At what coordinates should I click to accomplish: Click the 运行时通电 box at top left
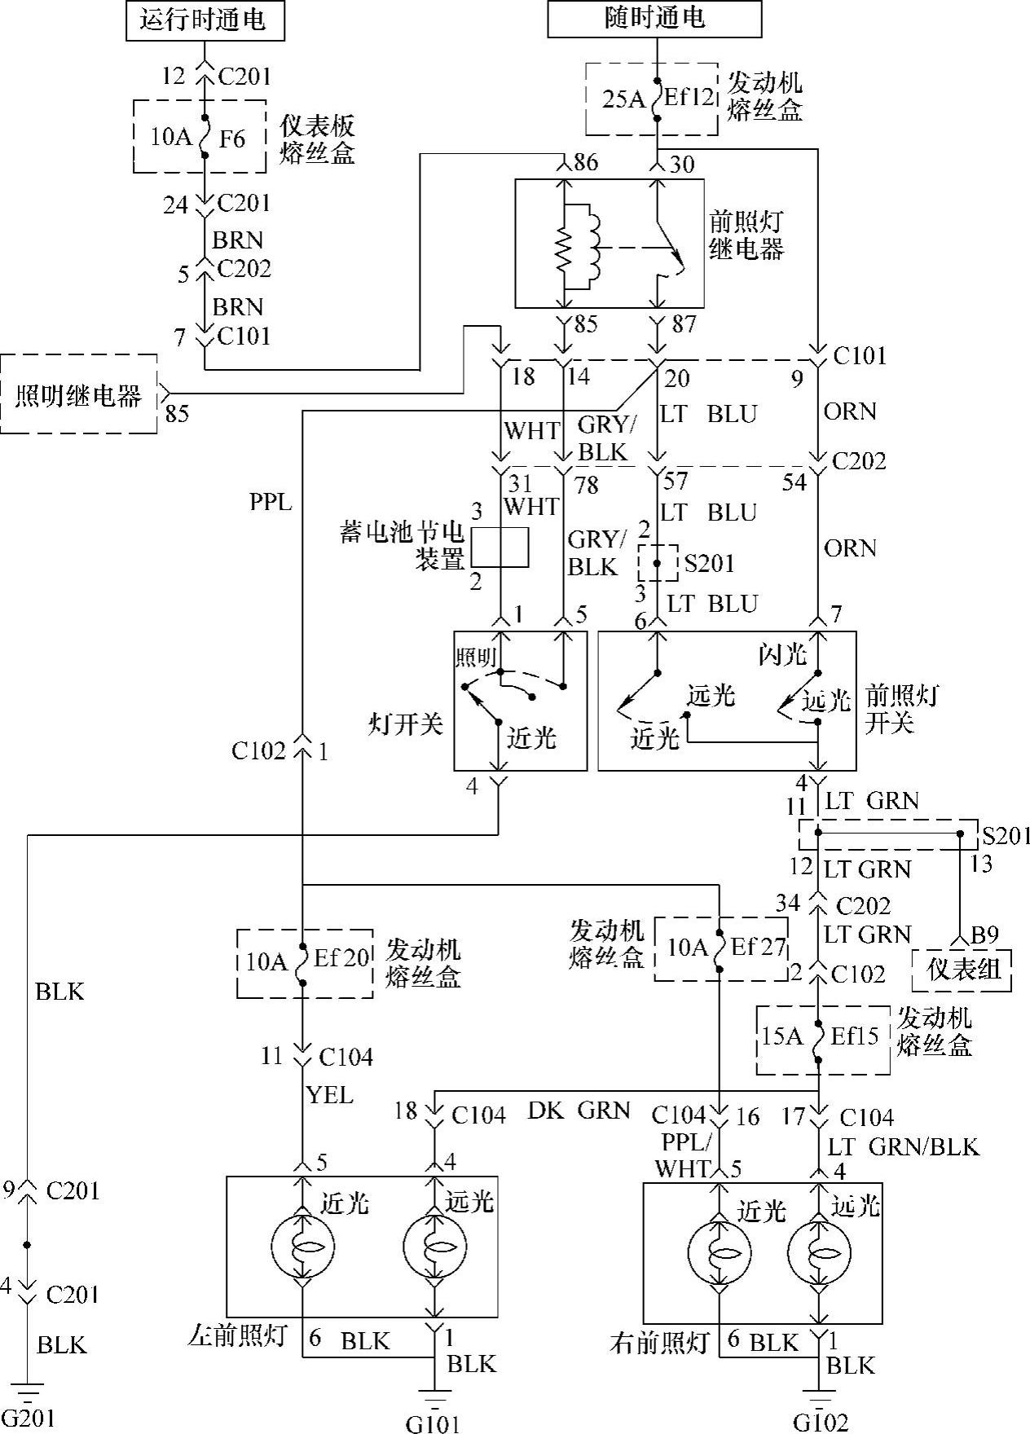(x=205, y=20)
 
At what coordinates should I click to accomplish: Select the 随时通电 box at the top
(x=654, y=19)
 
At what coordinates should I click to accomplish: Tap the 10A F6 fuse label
(x=200, y=137)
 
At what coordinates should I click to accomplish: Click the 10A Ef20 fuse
(x=303, y=962)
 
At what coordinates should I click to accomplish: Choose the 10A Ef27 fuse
(x=720, y=948)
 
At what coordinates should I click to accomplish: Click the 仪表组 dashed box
(x=962, y=970)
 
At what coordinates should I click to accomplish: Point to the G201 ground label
(x=28, y=1419)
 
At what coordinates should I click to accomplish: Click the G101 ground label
(x=433, y=1423)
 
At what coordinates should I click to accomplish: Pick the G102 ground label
(x=821, y=1423)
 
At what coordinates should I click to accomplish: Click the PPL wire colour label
(x=271, y=502)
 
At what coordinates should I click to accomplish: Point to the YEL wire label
(x=330, y=1095)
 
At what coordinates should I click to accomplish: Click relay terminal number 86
(x=585, y=163)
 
